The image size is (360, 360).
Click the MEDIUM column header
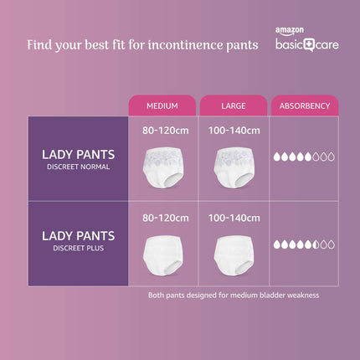coord(162,106)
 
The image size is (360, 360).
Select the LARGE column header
coord(233,106)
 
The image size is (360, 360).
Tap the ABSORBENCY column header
coord(304,106)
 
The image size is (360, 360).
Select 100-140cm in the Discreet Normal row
coord(233,130)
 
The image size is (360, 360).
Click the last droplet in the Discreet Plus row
coord(331,244)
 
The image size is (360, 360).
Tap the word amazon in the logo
coord(287,31)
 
